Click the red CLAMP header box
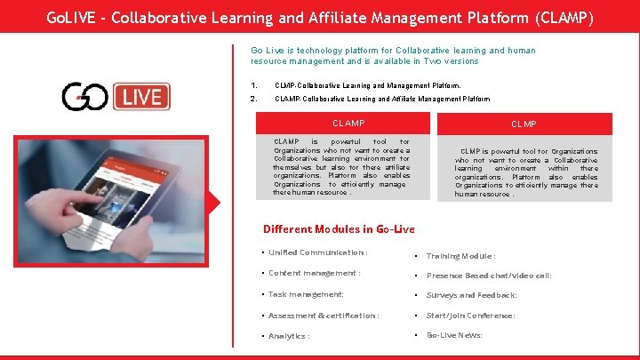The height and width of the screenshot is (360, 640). [x=348, y=123]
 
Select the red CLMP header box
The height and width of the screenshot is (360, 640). [x=524, y=124]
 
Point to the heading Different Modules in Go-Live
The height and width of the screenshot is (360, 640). [x=340, y=229]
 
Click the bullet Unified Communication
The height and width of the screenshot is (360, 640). [x=318, y=253]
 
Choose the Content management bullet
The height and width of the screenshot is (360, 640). [x=315, y=274]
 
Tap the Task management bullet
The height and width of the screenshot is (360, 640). [x=306, y=294]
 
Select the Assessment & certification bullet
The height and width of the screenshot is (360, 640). [x=324, y=316]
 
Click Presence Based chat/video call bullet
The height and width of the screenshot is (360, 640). [x=489, y=276]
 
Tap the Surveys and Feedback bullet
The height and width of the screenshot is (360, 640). [x=471, y=295]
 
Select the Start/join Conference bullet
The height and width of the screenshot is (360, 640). [x=470, y=316]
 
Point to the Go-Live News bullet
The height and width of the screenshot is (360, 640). [x=455, y=335]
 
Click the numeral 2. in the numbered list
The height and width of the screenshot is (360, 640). [x=254, y=99]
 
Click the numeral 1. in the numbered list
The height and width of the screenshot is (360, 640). [x=254, y=85]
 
